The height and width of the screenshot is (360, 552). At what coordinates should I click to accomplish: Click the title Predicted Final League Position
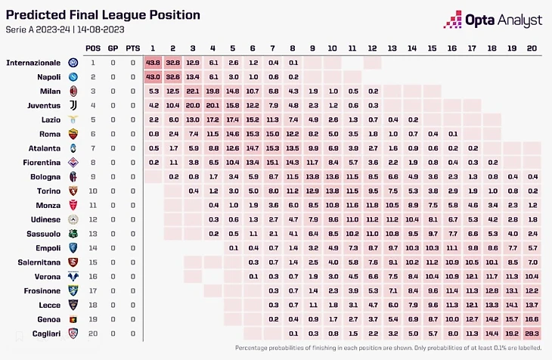(x=104, y=15)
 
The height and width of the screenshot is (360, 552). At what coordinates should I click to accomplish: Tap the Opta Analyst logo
(x=492, y=19)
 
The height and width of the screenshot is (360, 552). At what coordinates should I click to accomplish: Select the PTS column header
(x=132, y=48)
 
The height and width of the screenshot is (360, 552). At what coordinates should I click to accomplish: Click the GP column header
(x=113, y=48)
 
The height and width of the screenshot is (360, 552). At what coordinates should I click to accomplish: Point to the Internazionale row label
(x=33, y=62)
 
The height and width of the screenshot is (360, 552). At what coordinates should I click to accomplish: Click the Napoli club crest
(x=73, y=76)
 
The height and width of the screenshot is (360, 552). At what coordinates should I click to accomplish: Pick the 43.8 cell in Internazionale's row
(x=153, y=62)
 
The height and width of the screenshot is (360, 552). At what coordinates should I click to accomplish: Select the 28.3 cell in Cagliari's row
(x=531, y=333)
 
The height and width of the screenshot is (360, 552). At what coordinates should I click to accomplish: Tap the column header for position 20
(x=531, y=48)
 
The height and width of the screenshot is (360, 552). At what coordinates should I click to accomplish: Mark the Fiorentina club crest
(x=73, y=162)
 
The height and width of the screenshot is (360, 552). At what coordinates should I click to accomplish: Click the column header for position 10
(x=332, y=48)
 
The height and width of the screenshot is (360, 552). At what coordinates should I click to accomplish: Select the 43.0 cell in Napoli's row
(x=153, y=76)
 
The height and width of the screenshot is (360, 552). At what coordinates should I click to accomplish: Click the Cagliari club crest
(x=73, y=333)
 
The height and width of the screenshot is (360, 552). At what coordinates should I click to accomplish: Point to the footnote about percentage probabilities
(x=389, y=348)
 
